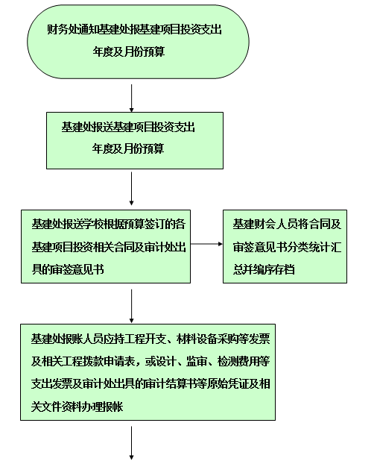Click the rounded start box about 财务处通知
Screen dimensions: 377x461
tap(138, 42)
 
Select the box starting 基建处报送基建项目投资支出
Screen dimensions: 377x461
tap(135, 140)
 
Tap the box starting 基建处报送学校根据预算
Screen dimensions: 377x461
tap(106, 246)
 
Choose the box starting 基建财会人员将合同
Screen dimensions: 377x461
tap(285, 246)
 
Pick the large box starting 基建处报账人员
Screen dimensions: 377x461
tap(148, 372)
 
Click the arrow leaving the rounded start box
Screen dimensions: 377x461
tap(132, 98)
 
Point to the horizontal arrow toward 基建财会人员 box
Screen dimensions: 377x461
tap(206, 244)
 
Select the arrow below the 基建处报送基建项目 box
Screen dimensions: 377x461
tap(132, 189)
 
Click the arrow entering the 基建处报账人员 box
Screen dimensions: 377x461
tap(132, 306)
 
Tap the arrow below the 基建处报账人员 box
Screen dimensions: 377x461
tap(132, 443)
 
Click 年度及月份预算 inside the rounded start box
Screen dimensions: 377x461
tap(129, 51)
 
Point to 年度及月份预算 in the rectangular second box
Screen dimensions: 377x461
tap(128, 148)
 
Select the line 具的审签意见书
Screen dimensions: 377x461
tap(68, 269)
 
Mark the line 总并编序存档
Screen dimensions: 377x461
tap(264, 269)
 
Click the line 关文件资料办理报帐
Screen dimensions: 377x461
tap(77, 407)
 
